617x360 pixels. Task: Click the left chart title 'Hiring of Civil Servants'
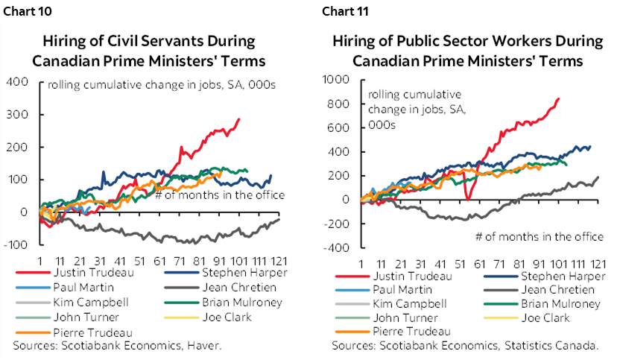point(148,40)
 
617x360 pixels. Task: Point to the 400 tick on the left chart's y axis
point(17,81)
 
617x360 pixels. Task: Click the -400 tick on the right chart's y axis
point(339,247)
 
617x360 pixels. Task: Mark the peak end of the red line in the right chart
point(559,98)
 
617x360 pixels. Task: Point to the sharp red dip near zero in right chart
point(466,198)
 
